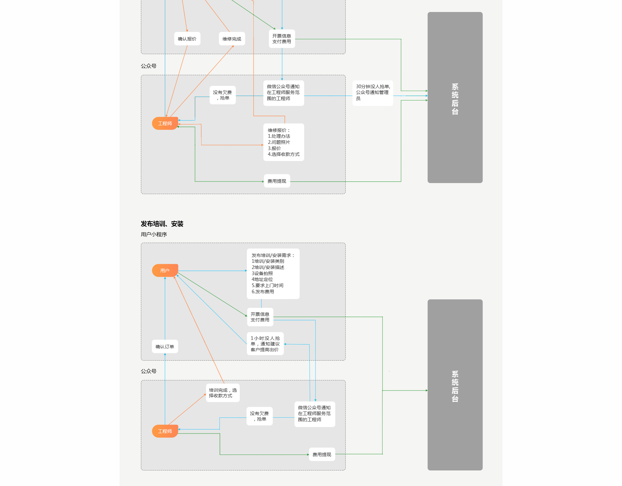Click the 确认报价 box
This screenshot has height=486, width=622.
coord(187,39)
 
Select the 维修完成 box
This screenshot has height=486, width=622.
coord(232,39)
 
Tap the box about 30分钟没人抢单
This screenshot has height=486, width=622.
coord(373,93)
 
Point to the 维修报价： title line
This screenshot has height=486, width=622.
coord(279,130)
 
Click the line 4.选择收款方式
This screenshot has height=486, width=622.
coord(283,154)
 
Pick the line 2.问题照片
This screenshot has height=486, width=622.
coord(279,142)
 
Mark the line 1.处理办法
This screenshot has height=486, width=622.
coord(279,136)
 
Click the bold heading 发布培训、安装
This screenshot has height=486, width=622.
coord(162,224)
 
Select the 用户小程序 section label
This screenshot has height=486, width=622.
coord(154,234)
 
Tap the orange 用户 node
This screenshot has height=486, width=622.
coord(165,271)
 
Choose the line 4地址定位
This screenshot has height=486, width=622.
coord(262,279)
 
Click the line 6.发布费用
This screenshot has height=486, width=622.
coord(263,292)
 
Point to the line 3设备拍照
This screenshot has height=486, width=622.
coord(262,273)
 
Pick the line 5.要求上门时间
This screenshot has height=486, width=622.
coord(267,285)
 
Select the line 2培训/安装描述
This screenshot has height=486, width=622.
coord(268,267)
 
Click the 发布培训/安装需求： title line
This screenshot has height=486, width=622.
coord(273,255)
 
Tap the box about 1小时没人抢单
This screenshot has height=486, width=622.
coord(265,344)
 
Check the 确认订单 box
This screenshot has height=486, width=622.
coord(165,347)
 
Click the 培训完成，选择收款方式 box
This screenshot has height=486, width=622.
coord(223,393)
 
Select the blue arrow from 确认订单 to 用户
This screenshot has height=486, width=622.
coord(165,308)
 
